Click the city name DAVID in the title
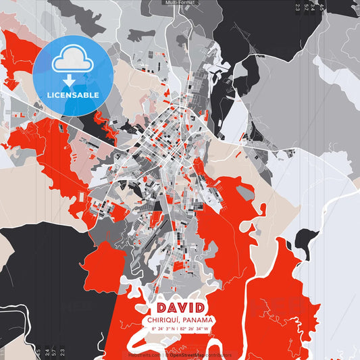pos(180,309)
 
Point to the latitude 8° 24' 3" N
pos(163,329)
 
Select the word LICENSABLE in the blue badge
pos(73,95)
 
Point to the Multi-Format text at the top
pos(180,3)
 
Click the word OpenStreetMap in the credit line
pos(186,355)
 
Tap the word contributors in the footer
pos(218,355)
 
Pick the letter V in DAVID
pos(180,309)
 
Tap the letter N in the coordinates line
pos(175,329)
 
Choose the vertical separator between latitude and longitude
pos(180,329)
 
